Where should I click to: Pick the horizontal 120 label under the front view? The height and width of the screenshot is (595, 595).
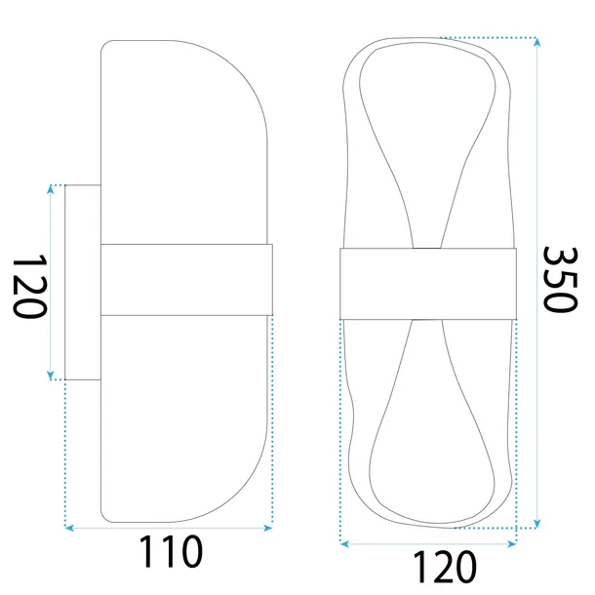click(x=430, y=566)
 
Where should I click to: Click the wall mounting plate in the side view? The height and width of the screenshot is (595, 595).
click(x=81, y=282)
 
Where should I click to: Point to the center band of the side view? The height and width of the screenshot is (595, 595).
click(x=185, y=280)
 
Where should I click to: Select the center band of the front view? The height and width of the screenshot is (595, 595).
click(x=427, y=284)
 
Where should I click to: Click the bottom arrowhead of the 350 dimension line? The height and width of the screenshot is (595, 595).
click(x=536, y=524)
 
